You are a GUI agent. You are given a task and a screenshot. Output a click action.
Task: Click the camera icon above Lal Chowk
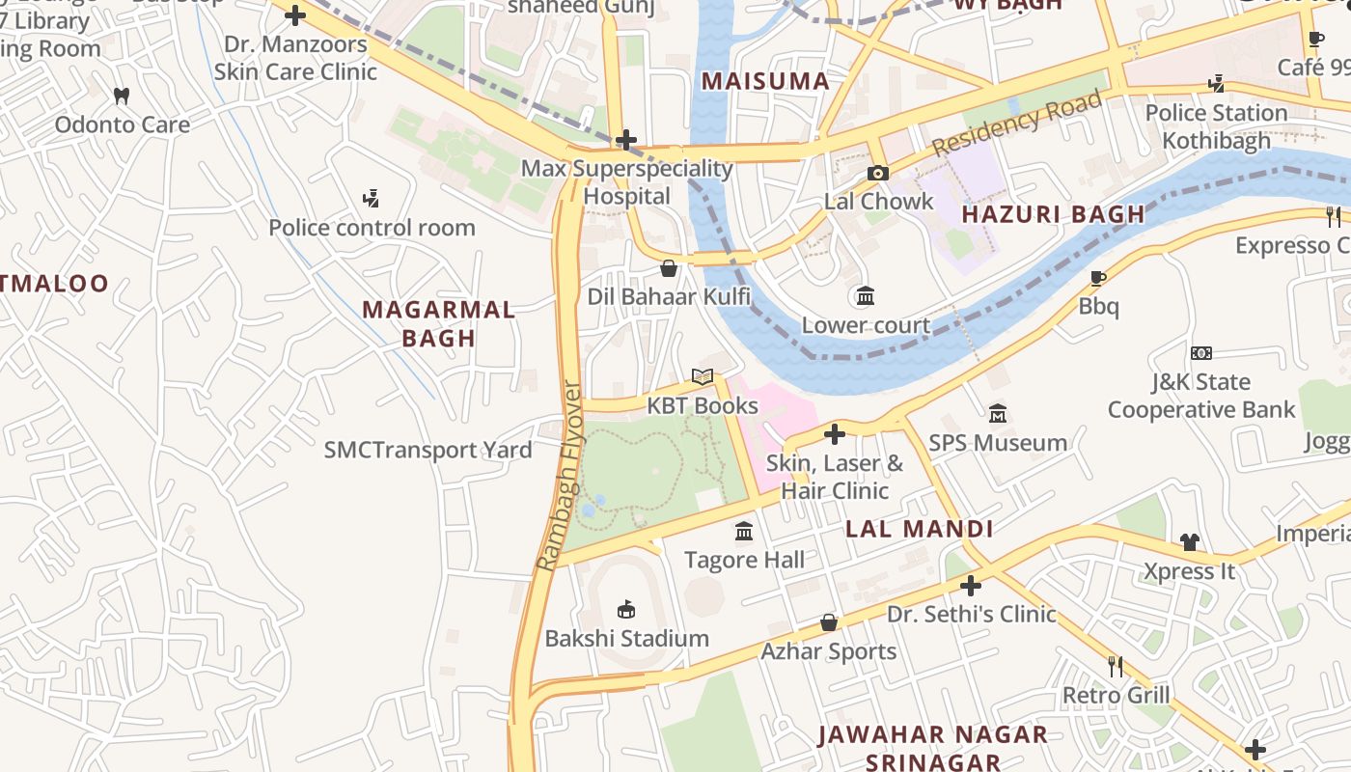tap(877, 173)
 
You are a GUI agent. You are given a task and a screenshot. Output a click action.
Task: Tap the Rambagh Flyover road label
tap(559, 477)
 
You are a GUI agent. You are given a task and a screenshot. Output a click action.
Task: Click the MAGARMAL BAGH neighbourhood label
tap(439, 323)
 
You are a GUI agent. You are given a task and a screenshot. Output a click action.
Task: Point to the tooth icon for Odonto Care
tap(122, 96)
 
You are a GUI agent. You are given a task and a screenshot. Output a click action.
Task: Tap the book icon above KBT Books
tap(703, 376)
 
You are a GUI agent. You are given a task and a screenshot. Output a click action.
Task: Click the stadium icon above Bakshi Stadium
tap(626, 609)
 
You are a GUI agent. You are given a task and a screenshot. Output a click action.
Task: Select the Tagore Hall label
tap(744, 560)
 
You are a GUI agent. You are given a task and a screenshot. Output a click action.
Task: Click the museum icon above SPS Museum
tap(998, 413)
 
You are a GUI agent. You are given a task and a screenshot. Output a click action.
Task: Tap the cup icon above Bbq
tap(1097, 278)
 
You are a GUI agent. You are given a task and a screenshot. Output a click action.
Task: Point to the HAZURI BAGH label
tap(1054, 214)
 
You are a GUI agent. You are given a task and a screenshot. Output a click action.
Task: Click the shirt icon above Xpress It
tap(1189, 542)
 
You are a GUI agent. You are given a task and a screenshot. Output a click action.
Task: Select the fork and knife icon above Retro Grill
tap(1116, 666)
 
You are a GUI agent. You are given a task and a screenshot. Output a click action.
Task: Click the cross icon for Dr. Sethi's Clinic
tap(971, 585)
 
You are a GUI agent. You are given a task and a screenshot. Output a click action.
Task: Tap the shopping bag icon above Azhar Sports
tap(828, 622)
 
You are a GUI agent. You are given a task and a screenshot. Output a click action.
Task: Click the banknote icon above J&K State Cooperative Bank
tap(1200, 353)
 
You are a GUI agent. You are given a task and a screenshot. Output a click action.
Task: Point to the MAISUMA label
tap(765, 81)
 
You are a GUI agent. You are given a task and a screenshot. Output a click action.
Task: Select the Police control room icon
tap(371, 199)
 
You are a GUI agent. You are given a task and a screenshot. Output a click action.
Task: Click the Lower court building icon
tap(866, 295)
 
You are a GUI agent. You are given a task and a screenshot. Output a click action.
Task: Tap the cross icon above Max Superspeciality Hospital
tap(626, 140)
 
